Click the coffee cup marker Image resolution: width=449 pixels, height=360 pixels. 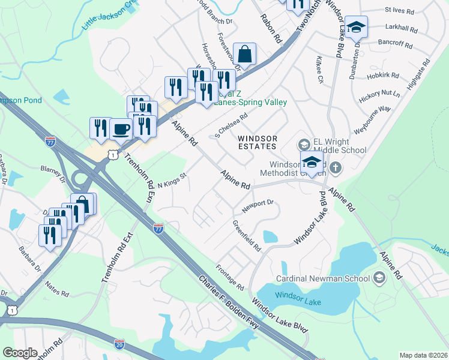(x=121, y=129)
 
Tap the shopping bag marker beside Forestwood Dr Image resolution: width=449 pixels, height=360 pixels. (x=245, y=53)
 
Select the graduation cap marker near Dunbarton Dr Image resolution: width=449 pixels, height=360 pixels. (x=356, y=27)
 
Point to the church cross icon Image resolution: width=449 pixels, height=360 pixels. (x=336, y=169)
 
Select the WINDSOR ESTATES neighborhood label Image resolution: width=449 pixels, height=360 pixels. (x=258, y=142)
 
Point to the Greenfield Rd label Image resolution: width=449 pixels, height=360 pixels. (x=247, y=235)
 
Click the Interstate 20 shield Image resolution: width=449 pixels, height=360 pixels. (x=119, y=344)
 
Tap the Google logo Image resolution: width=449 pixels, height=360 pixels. (x=20, y=353)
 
